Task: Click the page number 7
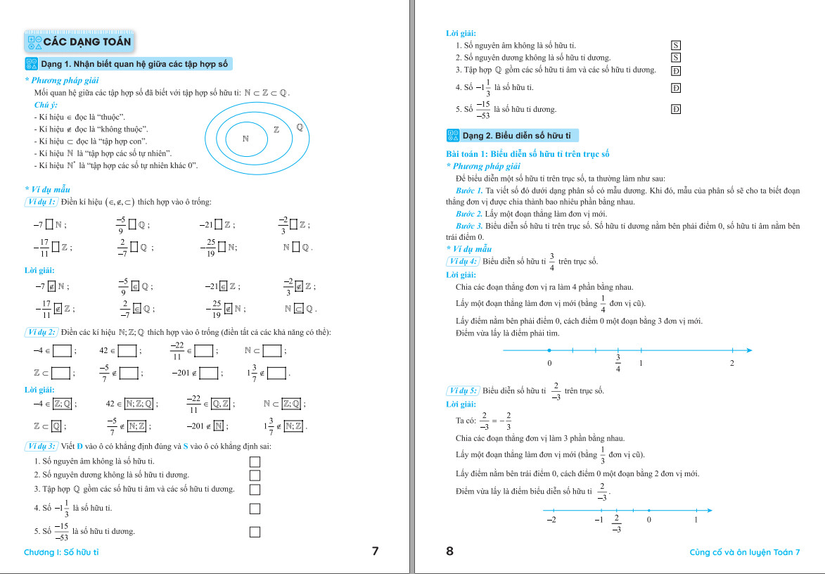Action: [x=375, y=551]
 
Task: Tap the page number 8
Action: [x=450, y=551]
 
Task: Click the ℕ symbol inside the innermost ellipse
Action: [x=246, y=138]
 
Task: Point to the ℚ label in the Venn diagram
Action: [x=300, y=127]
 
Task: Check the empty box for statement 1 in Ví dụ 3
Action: [x=255, y=461]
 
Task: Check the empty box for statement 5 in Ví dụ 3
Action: [x=255, y=532]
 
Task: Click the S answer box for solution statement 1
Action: [x=676, y=46]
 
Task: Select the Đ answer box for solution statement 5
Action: [x=676, y=109]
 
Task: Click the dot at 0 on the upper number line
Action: [x=549, y=350]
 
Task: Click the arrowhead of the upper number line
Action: [x=748, y=350]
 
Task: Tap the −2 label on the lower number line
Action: [x=551, y=520]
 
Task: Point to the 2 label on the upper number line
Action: [x=732, y=363]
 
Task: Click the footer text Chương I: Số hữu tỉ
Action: [x=61, y=552]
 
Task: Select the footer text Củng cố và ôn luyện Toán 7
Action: [x=745, y=552]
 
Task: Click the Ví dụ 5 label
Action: [x=463, y=390]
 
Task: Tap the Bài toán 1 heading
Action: [x=527, y=153]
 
